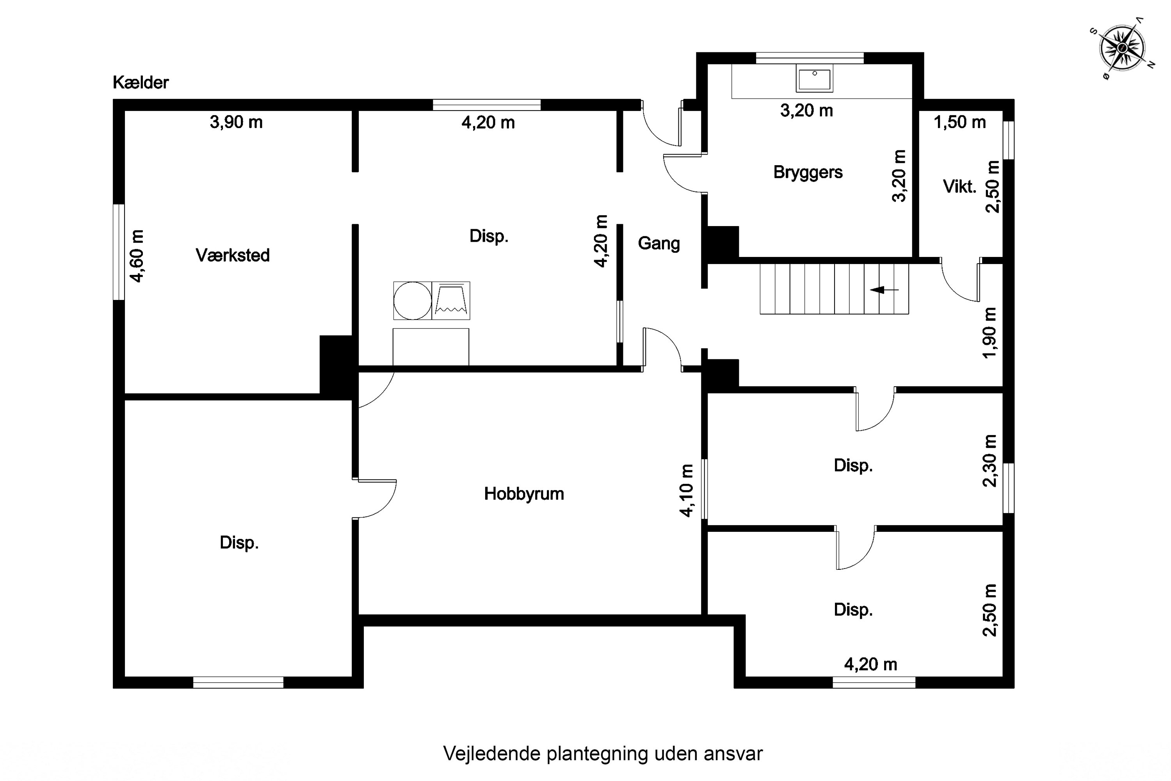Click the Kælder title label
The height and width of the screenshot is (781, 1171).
[141, 82]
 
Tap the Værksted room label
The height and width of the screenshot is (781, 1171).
[233, 255]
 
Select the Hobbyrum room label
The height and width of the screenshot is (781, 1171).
[524, 494]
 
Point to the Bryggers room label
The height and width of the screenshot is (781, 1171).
[808, 172]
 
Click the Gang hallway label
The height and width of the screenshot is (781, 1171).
[659, 244]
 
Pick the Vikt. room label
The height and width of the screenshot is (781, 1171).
[959, 187]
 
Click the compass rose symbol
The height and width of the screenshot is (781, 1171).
[1122, 48]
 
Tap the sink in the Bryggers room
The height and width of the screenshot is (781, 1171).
[815, 78]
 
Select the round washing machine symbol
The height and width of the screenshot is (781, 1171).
[412, 300]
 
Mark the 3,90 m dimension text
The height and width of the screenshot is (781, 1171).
[236, 122]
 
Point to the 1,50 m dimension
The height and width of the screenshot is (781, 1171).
[959, 122]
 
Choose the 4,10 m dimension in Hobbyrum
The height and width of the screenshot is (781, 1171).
[686, 490]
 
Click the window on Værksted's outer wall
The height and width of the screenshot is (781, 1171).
[119, 252]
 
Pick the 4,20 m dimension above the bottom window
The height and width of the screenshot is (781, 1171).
[871, 664]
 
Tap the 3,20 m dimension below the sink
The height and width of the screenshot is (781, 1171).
[806, 111]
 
